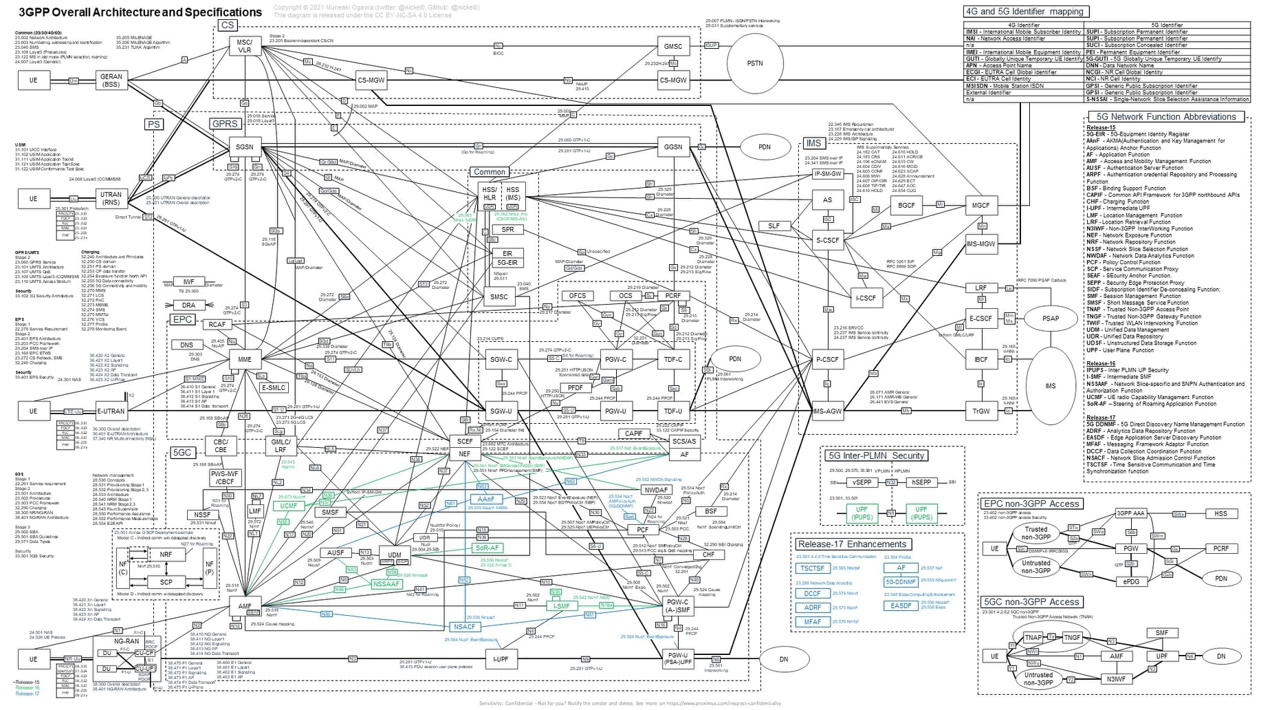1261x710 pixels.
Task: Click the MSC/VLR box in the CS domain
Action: tap(245, 46)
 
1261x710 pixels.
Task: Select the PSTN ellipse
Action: tap(754, 63)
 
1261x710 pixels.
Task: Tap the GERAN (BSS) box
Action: tap(111, 80)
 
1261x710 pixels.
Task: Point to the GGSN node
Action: tap(673, 147)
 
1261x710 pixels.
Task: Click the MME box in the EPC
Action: tap(245, 359)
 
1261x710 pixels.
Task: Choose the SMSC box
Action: tap(498, 297)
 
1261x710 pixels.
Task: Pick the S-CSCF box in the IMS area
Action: tap(827, 240)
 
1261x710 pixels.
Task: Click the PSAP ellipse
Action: tap(1050, 319)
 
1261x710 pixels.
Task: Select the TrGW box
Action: tap(980, 411)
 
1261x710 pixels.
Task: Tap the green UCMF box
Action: tap(289, 506)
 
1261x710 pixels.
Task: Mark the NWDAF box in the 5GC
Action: tap(655, 490)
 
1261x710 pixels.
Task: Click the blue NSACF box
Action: tap(464, 627)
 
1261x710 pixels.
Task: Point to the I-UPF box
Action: tap(501, 659)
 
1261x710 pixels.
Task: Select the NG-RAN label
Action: tap(127, 641)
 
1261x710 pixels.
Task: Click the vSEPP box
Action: tap(862, 482)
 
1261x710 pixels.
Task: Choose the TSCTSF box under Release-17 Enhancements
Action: tap(812, 568)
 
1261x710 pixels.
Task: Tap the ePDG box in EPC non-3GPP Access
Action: tap(1131, 581)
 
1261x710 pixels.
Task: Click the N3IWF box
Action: tap(1116, 679)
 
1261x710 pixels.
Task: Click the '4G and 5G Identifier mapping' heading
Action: tap(1024, 12)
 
